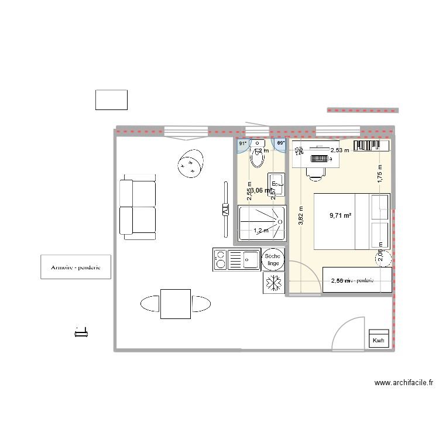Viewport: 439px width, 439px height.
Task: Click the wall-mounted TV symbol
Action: pos(225,210)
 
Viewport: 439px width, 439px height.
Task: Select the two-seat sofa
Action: pos(138,209)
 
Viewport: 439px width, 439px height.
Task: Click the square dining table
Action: pos(175,304)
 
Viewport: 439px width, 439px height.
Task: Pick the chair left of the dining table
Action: pos(150,303)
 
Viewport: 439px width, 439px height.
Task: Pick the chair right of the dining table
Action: pos(201,303)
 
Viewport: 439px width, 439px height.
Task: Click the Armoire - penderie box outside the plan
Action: pos(76,267)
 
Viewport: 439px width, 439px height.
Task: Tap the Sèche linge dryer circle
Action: pos(273,259)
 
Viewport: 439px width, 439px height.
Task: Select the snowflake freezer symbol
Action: pos(273,283)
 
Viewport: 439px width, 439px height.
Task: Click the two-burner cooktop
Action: pos(221,260)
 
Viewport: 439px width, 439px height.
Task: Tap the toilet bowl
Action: pos(257,158)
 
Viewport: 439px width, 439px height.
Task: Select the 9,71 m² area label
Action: pos(341,215)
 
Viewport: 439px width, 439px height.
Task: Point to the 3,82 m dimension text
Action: pos(300,215)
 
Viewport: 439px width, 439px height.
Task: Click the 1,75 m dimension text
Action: pos(379,177)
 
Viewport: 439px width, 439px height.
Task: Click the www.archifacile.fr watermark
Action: pos(403,383)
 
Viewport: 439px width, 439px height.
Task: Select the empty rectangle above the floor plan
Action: pos(111,100)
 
